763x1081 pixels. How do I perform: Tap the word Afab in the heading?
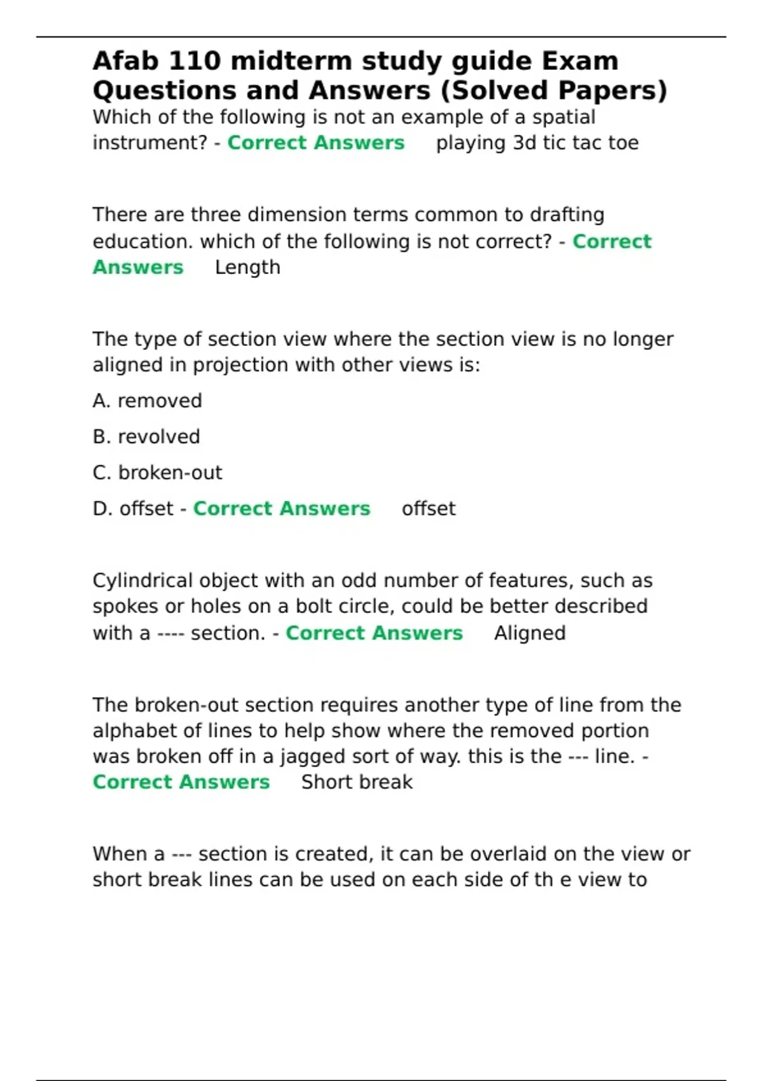pyautogui.click(x=125, y=62)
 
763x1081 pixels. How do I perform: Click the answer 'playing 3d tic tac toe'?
pyautogui.click(x=537, y=143)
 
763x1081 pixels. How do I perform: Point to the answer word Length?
pyautogui.click(x=247, y=268)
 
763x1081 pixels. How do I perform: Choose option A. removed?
pyautogui.click(x=147, y=401)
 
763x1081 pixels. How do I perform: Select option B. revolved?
pyautogui.click(x=146, y=437)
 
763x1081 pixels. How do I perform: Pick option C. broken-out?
pyautogui.click(x=157, y=473)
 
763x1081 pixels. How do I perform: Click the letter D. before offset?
pyautogui.click(x=102, y=509)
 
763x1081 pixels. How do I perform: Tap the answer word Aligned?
pyautogui.click(x=530, y=633)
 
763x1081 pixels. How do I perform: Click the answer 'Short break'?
pyautogui.click(x=357, y=782)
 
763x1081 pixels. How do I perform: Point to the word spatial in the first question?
pyautogui.click(x=563, y=118)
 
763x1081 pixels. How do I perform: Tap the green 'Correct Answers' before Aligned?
pyautogui.click(x=374, y=633)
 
